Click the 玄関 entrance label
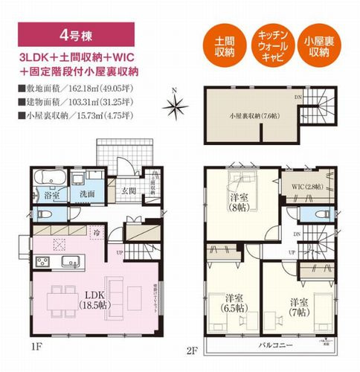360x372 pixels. pos(127,190)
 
